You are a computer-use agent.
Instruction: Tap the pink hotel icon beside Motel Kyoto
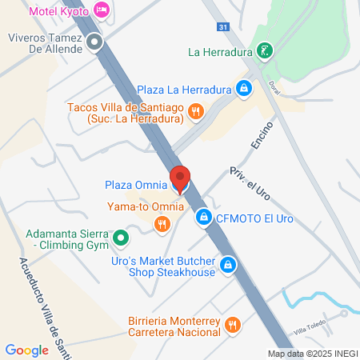click(x=102, y=10)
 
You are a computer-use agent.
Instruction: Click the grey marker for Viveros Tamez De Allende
click(x=95, y=42)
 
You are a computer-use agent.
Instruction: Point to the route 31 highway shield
click(x=223, y=27)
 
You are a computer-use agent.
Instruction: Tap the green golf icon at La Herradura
click(x=265, y=52)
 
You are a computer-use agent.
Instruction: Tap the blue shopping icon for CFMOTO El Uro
click(x=205, y=216)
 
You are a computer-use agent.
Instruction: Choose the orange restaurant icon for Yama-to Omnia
click(x=162, y=224)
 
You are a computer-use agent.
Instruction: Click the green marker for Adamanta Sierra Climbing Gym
click(x=121, y=238)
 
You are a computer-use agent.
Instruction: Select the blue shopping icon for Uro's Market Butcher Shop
click(x=228, y=266)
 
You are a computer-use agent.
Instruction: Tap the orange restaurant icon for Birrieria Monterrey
click(x=233, y=324)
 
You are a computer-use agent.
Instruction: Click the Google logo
click(x=26, y=350)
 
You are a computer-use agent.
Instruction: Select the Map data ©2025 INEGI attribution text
click(x=313, y=354)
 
